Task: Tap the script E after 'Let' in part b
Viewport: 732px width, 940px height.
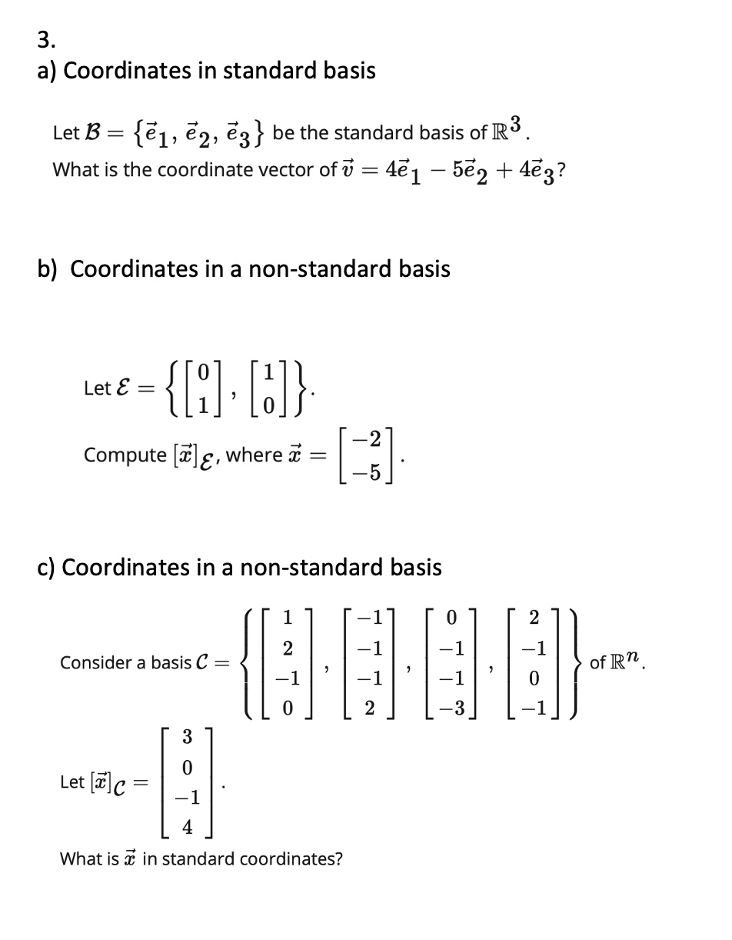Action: pos(121,388)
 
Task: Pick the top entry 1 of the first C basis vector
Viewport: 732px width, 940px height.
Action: pos(288,617)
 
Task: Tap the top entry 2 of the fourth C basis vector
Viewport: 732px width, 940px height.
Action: pos(535,617)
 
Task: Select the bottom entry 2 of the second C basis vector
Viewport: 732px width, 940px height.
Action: pos(370,707)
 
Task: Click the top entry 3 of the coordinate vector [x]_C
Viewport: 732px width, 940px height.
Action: pos(188,736)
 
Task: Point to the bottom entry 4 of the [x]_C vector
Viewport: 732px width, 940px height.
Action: pos(188,826)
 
